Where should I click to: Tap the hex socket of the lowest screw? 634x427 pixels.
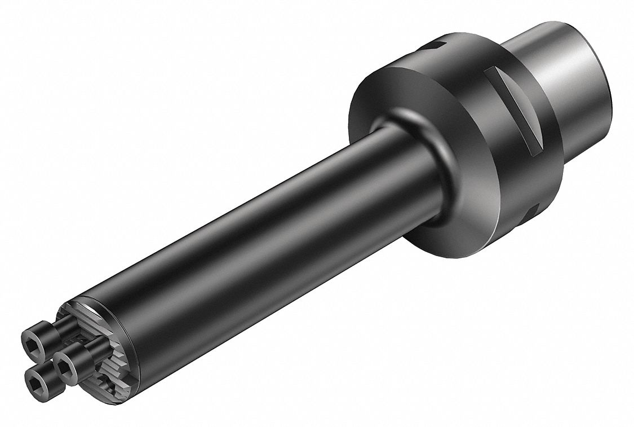[x=36, y=384]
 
